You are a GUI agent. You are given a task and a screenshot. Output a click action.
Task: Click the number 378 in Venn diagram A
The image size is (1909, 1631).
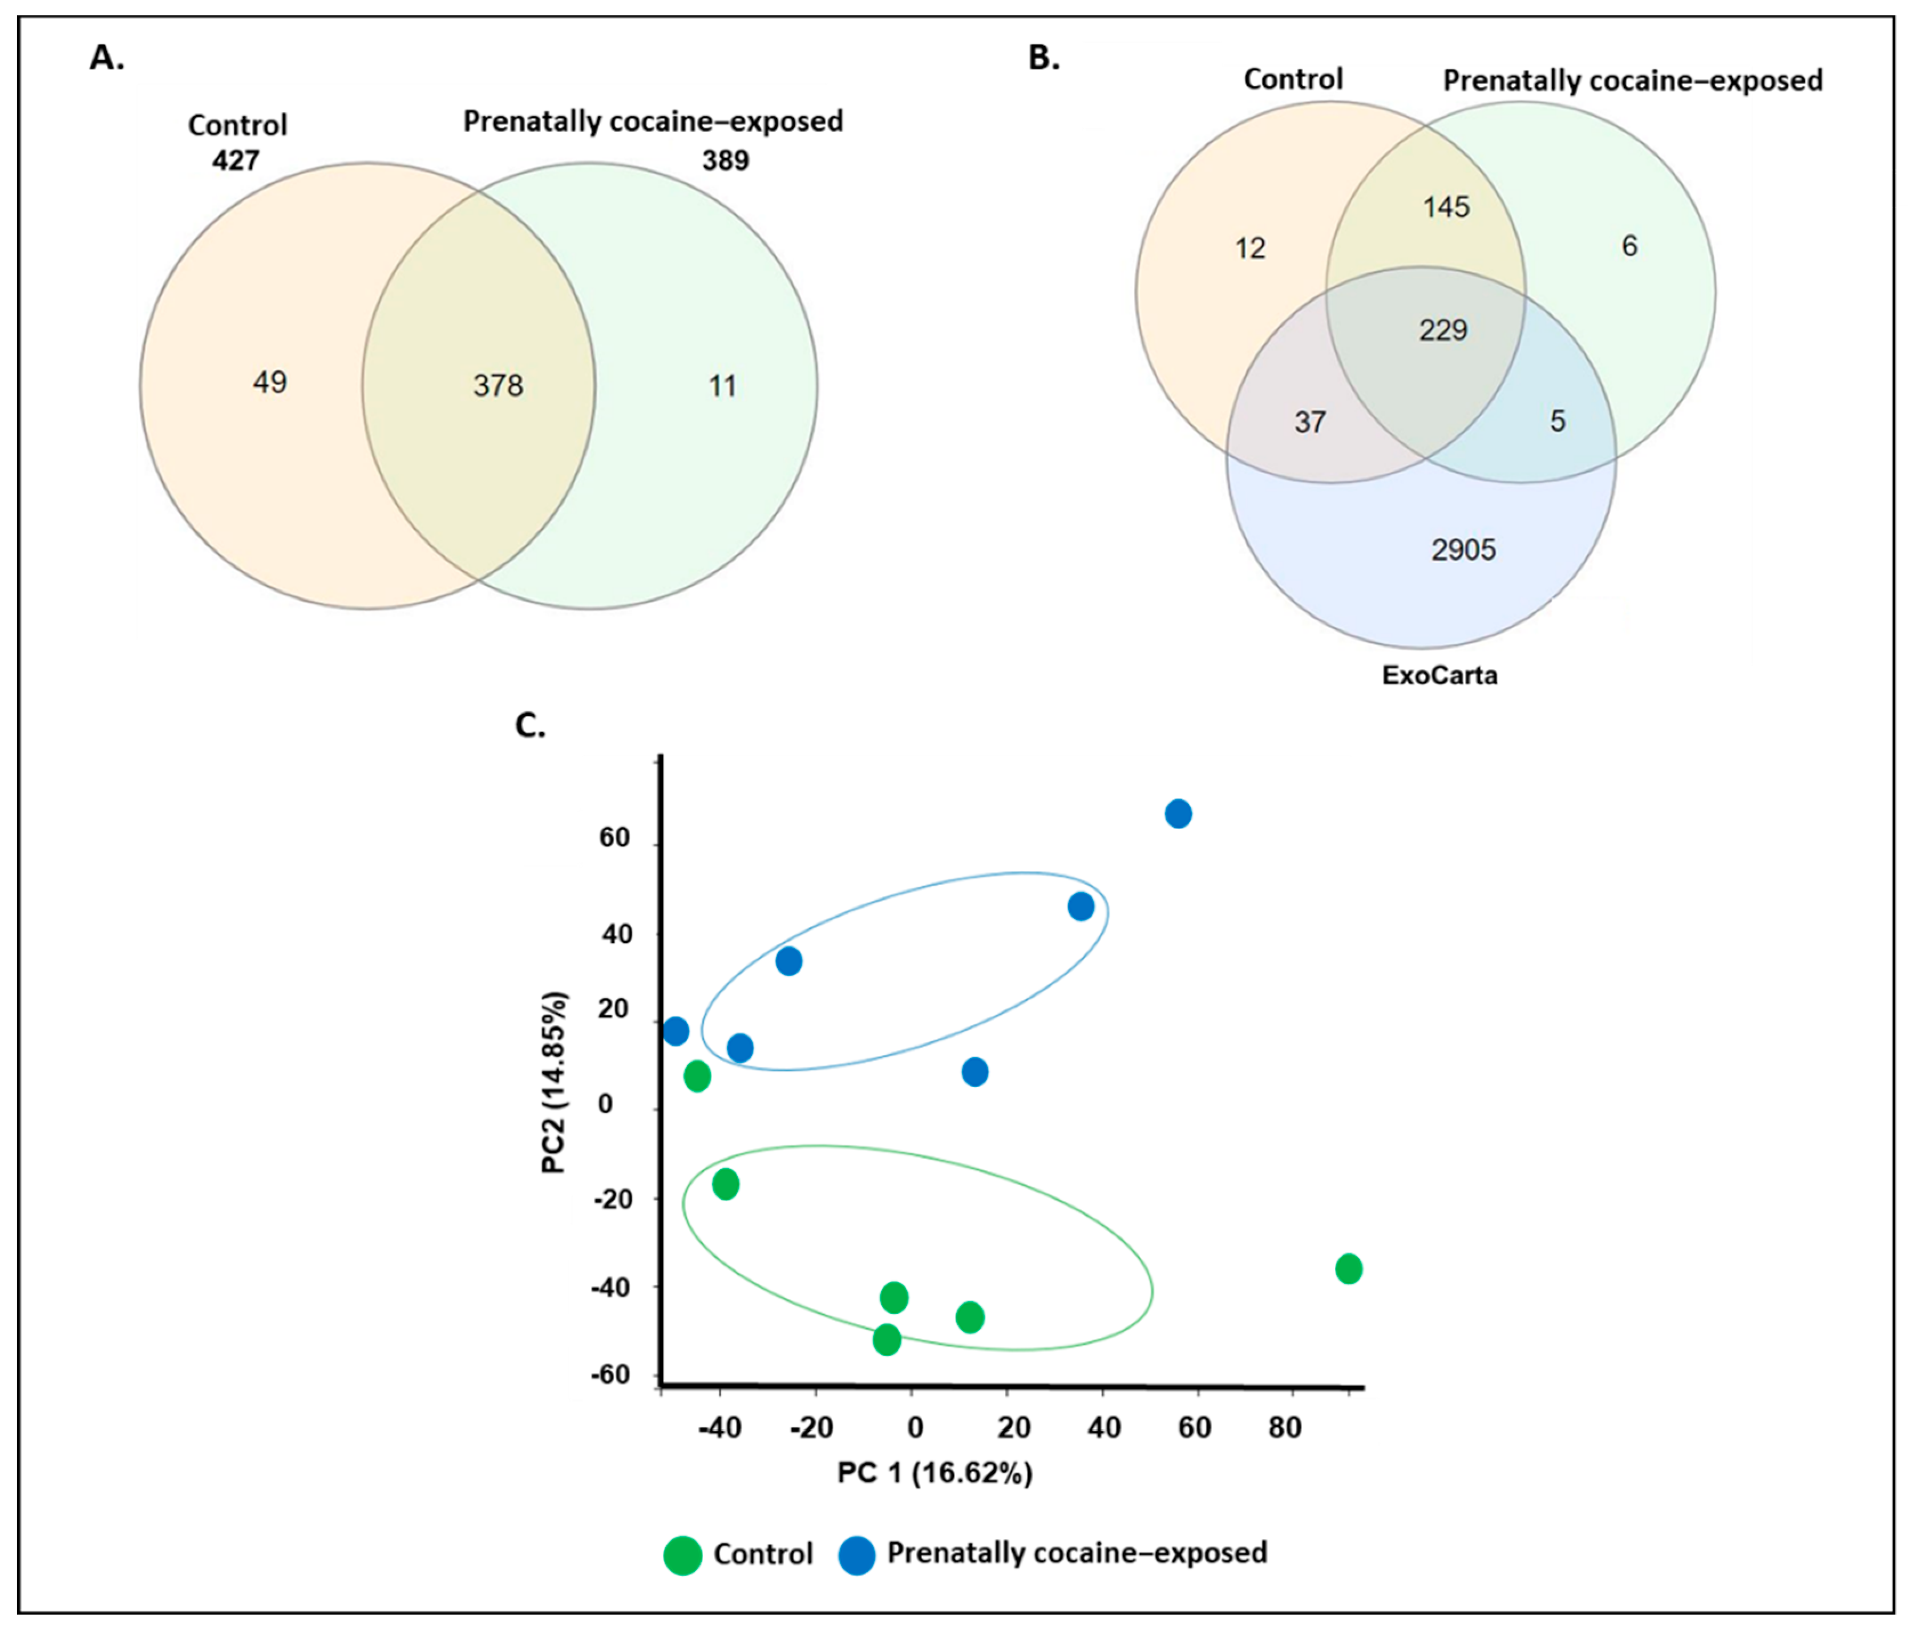tap(498, 385)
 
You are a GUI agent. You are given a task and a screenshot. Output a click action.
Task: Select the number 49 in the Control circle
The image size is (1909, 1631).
tap(270, 382)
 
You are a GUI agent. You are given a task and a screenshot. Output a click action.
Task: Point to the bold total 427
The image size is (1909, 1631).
tap(236, 160)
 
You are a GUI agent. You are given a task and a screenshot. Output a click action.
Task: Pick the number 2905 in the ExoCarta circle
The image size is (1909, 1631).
tap(1463, 550)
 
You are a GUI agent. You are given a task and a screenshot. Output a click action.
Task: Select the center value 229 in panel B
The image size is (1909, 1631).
tap(1443, 330)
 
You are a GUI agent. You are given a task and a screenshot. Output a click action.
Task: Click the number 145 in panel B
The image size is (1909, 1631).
tap(1446, 207)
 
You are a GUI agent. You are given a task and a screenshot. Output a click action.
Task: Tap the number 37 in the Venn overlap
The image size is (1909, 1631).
tap(1310, 422)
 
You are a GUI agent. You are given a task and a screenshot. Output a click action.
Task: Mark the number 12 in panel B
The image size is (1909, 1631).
tap(1249, 248)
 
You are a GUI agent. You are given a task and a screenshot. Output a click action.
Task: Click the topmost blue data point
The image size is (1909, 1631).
tap(1178, 814)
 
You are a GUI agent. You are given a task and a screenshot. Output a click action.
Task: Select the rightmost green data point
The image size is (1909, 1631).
tap(1349, 1269)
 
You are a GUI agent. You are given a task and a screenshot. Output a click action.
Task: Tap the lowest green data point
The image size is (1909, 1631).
tap(887, 1339)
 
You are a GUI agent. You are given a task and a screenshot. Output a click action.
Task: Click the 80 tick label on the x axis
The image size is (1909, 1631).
tap(1284, 1427)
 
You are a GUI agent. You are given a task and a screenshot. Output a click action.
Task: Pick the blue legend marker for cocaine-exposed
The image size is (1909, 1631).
tap(857, 1556)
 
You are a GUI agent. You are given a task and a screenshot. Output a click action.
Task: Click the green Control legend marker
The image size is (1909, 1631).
tap(683, 1556)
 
